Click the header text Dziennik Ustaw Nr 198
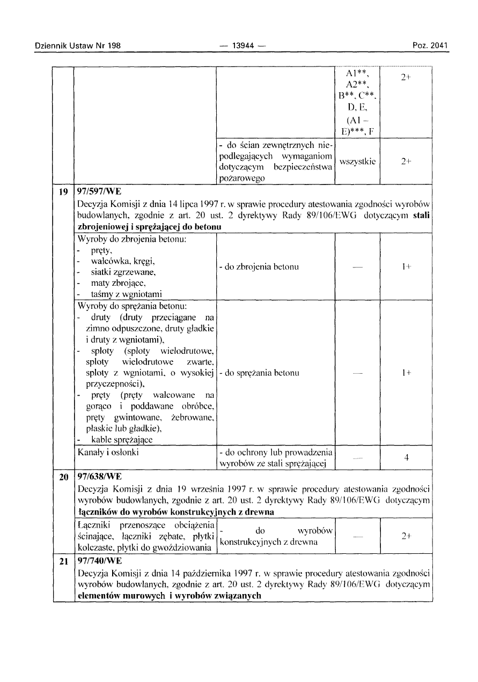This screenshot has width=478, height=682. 77,46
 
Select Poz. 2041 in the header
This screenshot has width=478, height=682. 430,46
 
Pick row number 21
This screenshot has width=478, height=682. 63,561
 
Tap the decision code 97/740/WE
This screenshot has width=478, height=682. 101,561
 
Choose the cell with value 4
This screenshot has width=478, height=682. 406,458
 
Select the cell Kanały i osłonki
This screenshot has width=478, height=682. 108,452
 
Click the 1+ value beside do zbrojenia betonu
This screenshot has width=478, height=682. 406,266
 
